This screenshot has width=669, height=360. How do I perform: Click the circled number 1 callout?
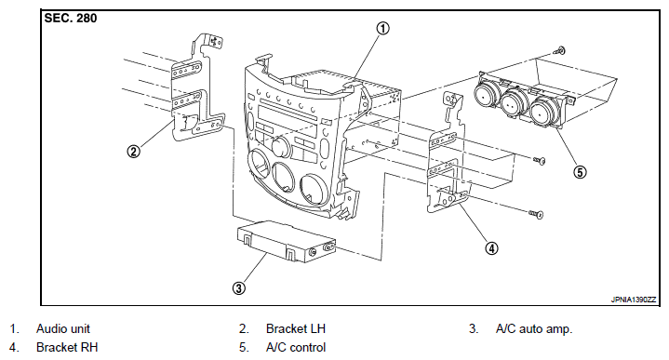382,29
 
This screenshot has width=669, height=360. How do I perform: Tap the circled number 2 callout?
134,152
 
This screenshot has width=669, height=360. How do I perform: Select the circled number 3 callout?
239,288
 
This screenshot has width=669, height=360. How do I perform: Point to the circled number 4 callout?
491,248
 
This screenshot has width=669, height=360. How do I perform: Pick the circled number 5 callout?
580,172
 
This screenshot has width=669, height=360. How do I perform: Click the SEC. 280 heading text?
71,19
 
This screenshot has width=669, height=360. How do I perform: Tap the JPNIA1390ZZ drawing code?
633,300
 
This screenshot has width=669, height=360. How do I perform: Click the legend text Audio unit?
63,329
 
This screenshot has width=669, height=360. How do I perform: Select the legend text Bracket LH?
296,329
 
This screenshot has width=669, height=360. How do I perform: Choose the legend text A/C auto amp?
534,329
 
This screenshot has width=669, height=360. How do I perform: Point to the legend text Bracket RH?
67,348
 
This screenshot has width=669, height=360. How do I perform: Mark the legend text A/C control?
296,348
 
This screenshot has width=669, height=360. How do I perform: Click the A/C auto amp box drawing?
286,241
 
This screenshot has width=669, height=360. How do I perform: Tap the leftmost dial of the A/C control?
486,95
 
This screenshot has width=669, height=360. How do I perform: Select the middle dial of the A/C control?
514,103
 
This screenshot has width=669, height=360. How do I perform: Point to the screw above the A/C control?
559,51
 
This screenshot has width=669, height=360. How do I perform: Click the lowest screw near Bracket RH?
536,214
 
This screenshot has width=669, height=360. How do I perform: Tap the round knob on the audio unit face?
281,147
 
